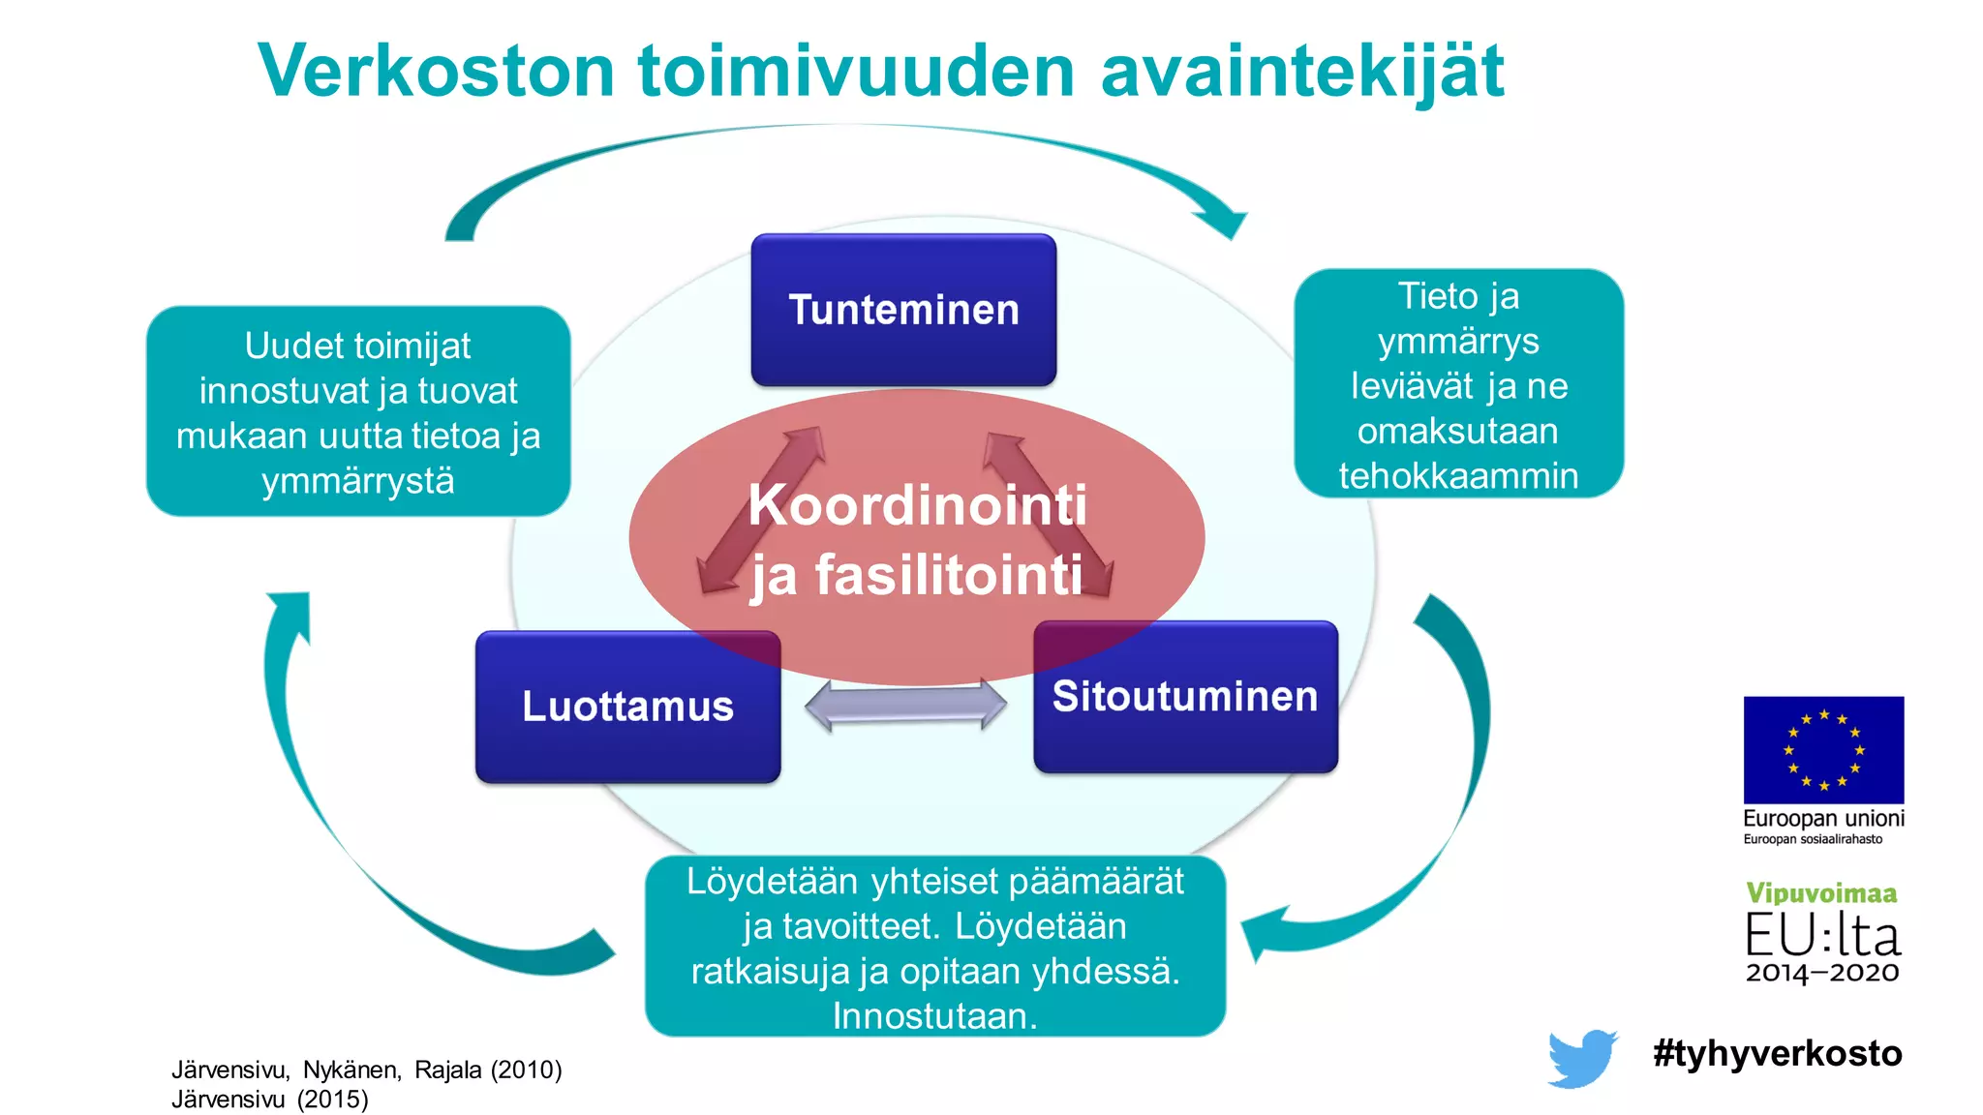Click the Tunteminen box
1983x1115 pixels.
(903, 310)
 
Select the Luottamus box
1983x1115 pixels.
(627, 707)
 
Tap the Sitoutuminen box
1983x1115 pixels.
(1185, 697)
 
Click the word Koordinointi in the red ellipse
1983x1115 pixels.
(917, 505)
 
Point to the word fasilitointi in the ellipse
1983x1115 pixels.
(948, 575)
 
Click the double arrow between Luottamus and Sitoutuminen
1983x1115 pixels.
(906, 705)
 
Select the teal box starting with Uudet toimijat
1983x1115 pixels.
(357, 411)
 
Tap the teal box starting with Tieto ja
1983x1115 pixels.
(1458, 384)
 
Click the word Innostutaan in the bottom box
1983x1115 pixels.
(934, 1016)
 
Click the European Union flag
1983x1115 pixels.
(1823, 749)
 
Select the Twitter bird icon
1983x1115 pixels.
(1581, 1058)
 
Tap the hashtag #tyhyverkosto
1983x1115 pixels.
(1777, 1053)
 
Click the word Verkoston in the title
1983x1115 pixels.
(437, 72)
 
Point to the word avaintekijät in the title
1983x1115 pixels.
(1301, 72)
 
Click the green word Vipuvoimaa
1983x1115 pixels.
(1821, 892)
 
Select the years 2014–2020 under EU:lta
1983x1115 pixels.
(1821, 973)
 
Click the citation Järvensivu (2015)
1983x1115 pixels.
(269, 1100)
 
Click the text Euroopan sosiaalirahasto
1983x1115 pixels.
(1813, 839)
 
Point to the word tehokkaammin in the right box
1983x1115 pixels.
(1458, 475)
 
